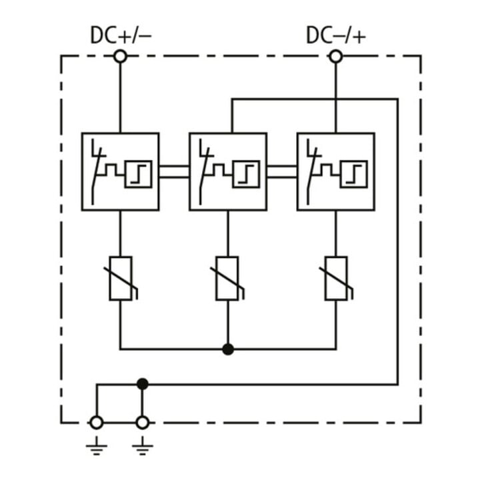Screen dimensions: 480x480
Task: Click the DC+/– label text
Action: (x=121, y=35)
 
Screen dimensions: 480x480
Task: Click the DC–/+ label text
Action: (x=336, y=35)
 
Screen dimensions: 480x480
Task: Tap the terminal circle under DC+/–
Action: (x=120, y=57)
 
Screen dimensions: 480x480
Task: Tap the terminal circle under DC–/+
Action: (x=336, y=57)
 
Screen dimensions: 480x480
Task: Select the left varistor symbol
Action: (x=121, y=278)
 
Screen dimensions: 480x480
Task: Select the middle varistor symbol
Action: (x=227, y=278)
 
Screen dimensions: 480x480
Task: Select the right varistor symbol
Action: (x=336, y=278)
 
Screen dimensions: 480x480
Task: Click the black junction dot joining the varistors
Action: (x=228, y=349)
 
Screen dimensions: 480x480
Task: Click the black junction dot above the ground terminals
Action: (x=143, y=384)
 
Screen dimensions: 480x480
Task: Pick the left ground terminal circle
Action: (x=97, y=423)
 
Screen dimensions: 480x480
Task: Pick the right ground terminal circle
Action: (x=143, y=423)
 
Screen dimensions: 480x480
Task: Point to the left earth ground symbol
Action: (x=97, y=446)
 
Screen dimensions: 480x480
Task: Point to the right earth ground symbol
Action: (x=143, y=446)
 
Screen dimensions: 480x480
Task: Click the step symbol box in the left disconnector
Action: (x=139, y=174)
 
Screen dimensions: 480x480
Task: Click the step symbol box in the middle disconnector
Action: (x=246, y=174)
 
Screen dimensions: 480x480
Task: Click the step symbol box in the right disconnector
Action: (x=354, y=174)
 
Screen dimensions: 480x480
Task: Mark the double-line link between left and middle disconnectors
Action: (x=174, y=172)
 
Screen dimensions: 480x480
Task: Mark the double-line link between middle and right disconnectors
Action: (x=282, y=172)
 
